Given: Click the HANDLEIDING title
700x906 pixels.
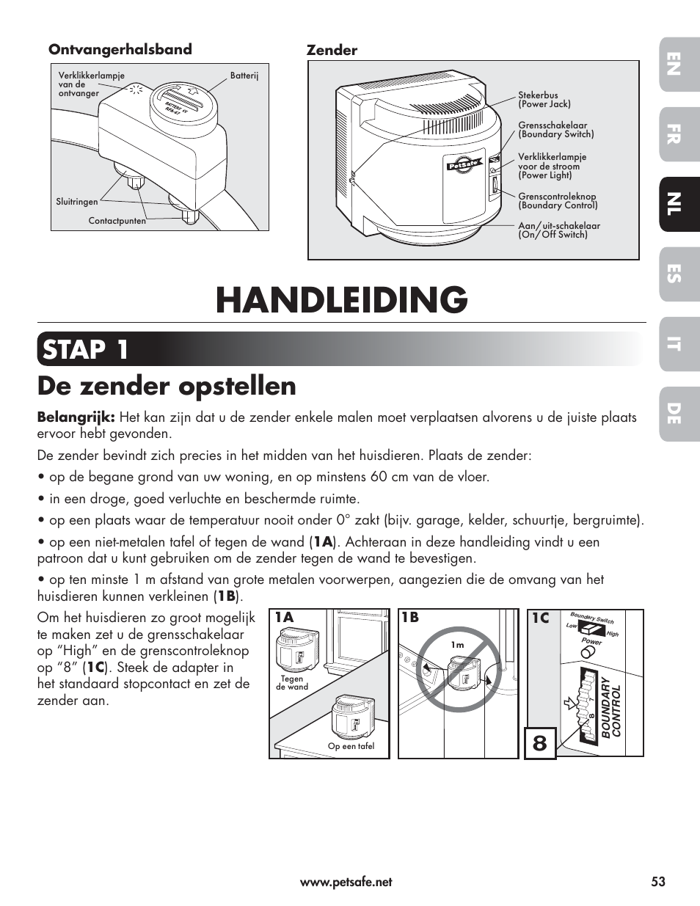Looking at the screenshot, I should click(341, 300).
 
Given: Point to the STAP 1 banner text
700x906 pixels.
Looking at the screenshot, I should click(84, 349).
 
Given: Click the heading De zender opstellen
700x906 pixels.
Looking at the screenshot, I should click(167, 386).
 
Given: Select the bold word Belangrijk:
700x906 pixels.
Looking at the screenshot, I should click(76, 417).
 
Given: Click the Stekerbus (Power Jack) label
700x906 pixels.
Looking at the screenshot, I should click(544, 100).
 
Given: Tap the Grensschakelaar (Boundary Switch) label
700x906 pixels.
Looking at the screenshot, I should click(555, 130).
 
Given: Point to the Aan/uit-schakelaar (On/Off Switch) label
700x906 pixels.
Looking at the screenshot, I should click(558, 230).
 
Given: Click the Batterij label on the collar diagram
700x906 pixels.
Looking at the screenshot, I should click(244, 76).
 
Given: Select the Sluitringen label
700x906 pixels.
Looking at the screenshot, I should click(77, 202).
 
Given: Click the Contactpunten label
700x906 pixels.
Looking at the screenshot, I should click(117, 221).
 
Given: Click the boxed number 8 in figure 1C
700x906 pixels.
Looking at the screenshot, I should click(540, 742).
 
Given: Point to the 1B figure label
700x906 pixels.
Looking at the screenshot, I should click(410, 618).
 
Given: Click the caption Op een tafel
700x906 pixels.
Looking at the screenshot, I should click(351, 746).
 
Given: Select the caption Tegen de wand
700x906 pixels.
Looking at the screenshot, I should click(292, 683).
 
